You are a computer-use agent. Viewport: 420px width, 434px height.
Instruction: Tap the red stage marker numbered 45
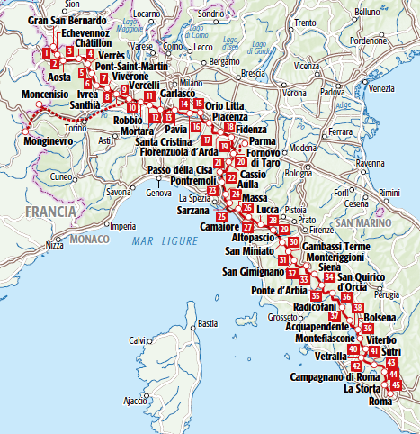397,386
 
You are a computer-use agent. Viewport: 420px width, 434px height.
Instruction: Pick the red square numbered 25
221,216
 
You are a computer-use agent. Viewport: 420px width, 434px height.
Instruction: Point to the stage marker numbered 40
353,348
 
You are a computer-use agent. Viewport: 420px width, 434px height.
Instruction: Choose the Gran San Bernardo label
63,20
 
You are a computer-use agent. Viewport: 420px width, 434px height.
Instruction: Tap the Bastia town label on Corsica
208,322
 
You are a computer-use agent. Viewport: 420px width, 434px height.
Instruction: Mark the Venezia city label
382,88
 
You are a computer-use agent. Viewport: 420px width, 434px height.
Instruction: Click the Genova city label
158,193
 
